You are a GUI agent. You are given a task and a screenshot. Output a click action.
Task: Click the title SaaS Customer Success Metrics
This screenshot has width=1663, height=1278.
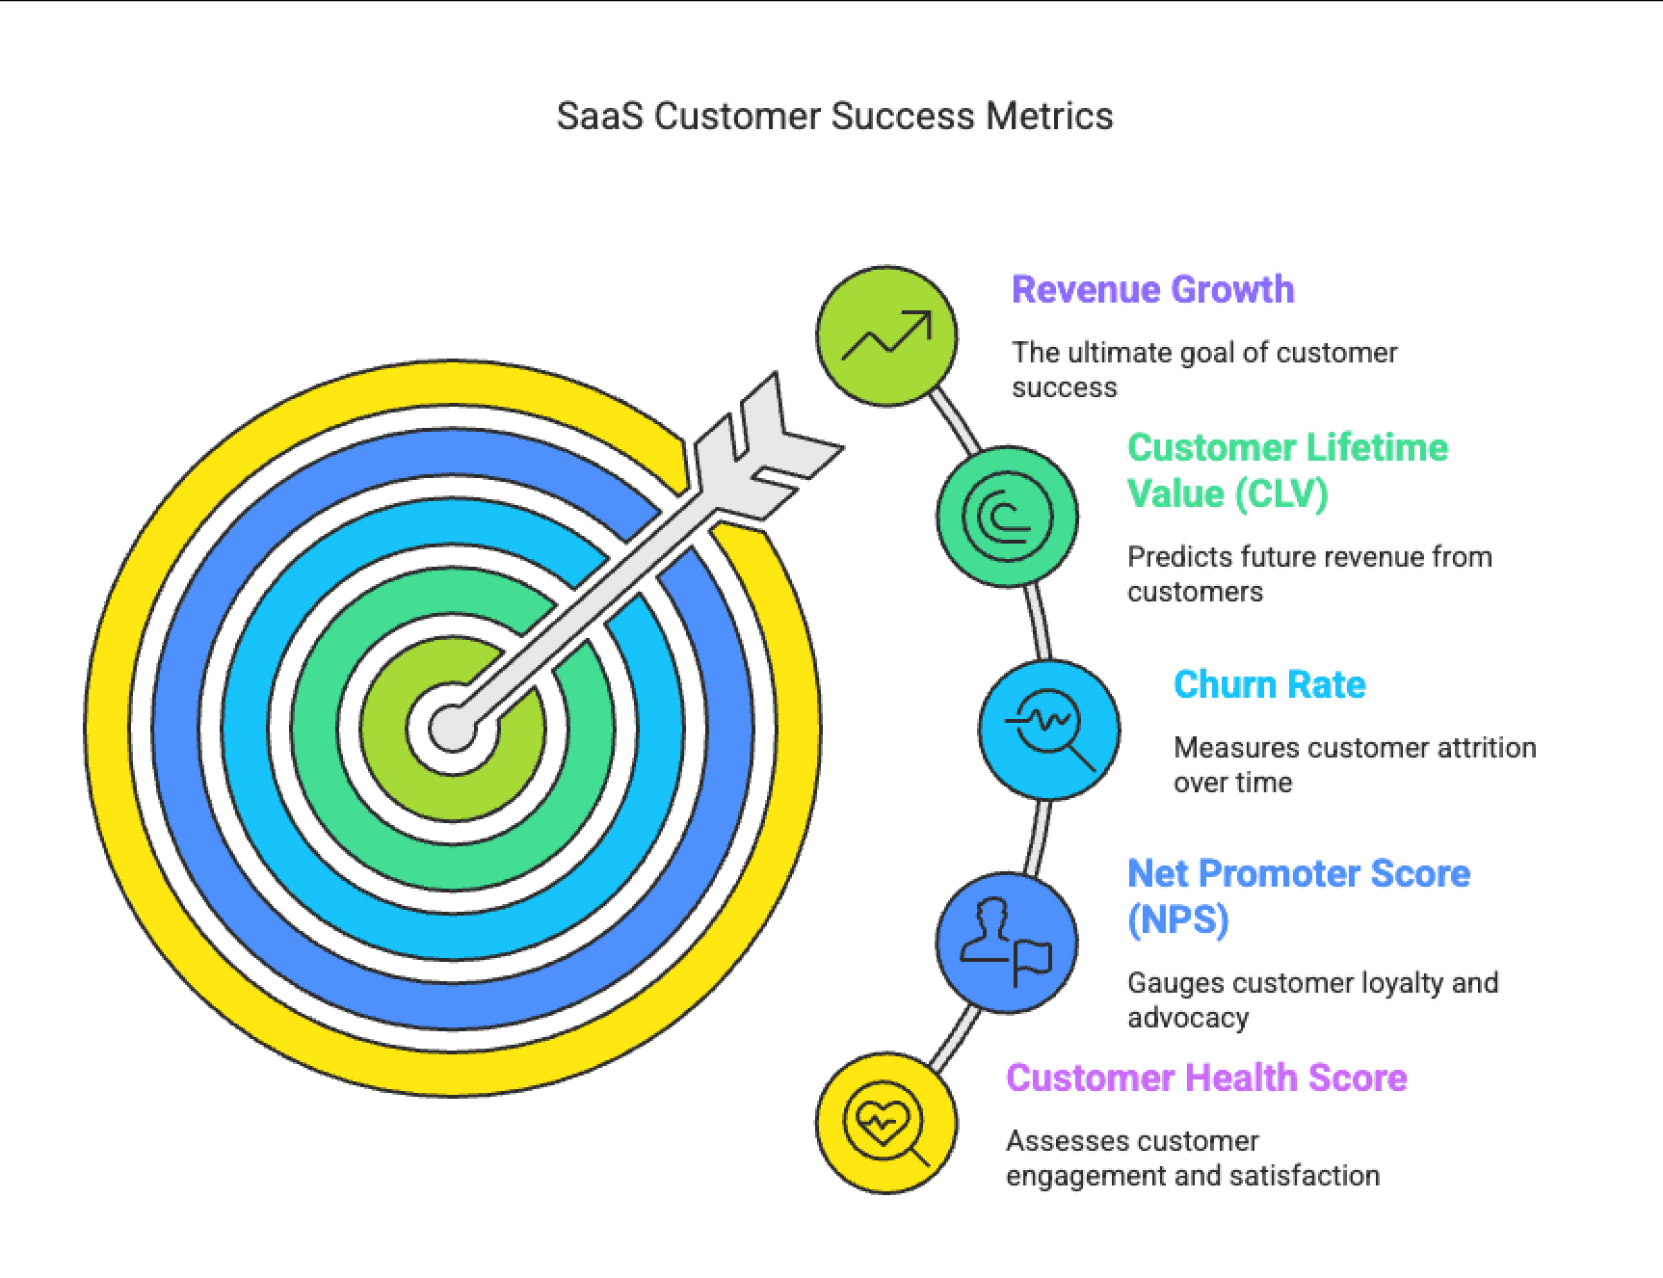click(x=834, y=117)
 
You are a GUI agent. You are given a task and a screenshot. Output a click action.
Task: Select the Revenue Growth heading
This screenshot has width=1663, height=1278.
click(x=1152, y=289)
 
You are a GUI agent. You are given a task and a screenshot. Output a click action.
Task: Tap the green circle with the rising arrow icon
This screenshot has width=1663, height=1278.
click(x=886, y=336)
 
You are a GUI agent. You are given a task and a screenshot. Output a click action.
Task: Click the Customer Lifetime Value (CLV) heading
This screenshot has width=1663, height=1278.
click(x=1286, y=470)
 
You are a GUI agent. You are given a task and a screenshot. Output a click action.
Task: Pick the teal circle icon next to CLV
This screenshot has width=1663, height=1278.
click(x=1007, y=517)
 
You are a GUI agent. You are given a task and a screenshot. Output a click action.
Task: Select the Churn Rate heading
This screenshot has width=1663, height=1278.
click(x=1269, y=684)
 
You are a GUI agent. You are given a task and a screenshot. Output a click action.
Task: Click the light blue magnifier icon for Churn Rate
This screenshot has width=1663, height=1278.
click(x=1049, y=730)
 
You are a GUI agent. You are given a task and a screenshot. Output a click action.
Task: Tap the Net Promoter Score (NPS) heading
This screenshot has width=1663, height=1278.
click(x=1298, y=895)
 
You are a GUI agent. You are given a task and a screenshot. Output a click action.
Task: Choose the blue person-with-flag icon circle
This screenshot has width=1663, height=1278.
click(x=1007, y=942)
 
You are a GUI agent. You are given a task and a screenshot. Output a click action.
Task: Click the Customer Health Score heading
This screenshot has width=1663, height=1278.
click(x=1206, y=1078)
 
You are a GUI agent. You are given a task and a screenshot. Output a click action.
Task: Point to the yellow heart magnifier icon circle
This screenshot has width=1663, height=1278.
click(x=886, y=1123)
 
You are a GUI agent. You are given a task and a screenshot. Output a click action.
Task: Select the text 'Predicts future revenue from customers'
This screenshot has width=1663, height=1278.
click(x=1308, y=573)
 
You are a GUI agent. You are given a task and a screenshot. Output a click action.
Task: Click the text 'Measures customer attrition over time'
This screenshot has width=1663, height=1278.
click(x=1354, y=764)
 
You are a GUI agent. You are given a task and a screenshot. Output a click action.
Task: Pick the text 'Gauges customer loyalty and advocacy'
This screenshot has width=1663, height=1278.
click(x=1312, y=999)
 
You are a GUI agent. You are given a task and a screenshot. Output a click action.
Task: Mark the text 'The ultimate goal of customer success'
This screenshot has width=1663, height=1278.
click(x=1203, y=369)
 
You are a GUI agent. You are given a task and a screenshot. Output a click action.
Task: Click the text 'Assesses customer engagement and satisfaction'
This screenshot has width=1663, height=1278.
click(x=1192, y=1158)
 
